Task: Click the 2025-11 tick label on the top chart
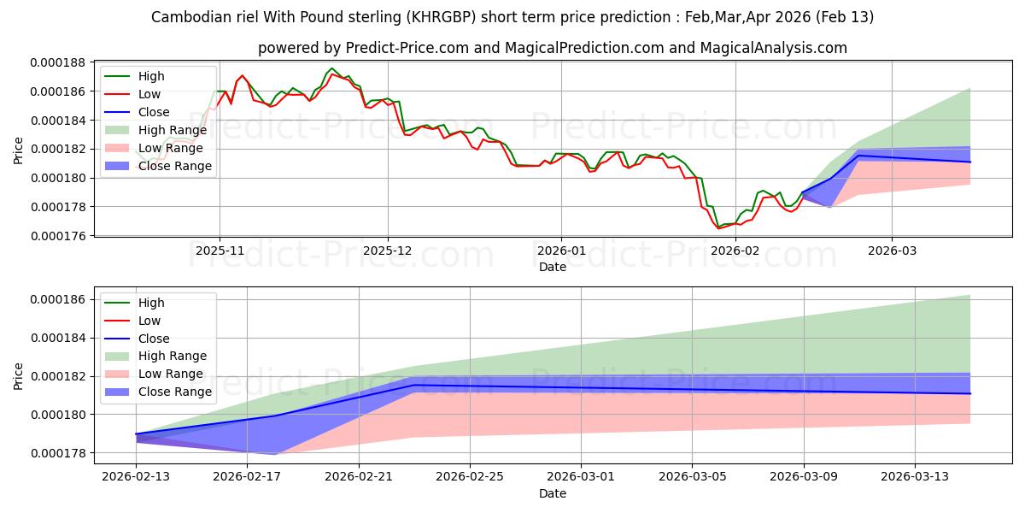click(x=220, y=251)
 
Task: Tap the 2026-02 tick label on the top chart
click(x=735, y=251)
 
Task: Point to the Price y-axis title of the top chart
click(x=19, y=150)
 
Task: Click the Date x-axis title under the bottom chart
click(x=552, y=494)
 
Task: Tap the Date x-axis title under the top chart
click(x=552, y=267)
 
